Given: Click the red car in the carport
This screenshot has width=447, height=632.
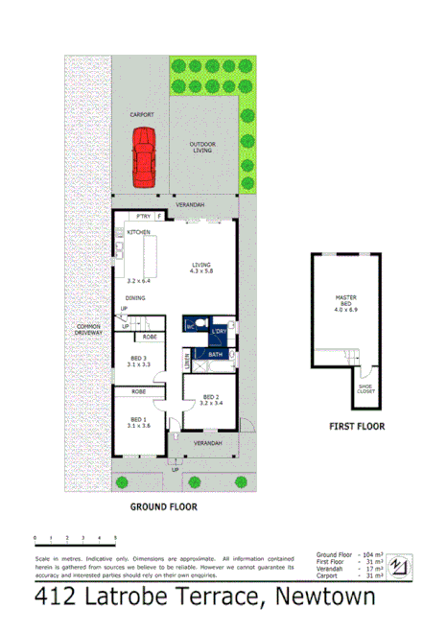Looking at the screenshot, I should coord(145,158).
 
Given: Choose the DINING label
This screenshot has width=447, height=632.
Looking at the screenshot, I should coord(135,298).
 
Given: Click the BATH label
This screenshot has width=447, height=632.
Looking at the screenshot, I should coord(214,354).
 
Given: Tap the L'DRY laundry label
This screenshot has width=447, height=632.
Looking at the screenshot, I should coord(218,330).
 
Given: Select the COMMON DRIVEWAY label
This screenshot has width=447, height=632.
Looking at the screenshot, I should coord(89,330).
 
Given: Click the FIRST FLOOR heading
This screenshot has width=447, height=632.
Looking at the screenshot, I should coord(357,427).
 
